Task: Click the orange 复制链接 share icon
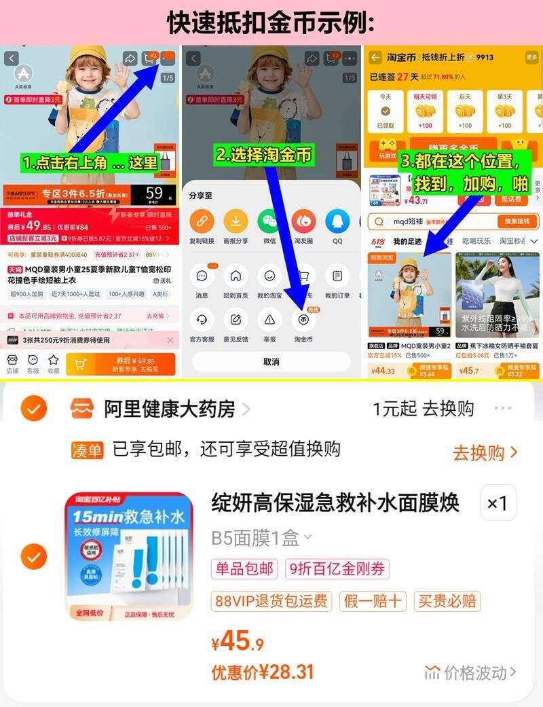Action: click(x=202, y=221)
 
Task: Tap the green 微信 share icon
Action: click(x=269, y=221)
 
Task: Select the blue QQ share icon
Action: click(x=337, y=221)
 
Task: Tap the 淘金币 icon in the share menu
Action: click(x=303, y=319)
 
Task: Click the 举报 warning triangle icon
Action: click(x=269, y=319)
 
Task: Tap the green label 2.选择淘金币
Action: click(x=264, y=155)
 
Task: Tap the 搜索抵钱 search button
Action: click(x=517, y=221)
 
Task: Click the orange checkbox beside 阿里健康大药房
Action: click(x=33, y=408)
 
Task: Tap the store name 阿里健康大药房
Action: click(x=169, y=409)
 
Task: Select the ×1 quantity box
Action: click(x=498, y=503)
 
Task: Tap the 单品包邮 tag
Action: click(x=244, y=568)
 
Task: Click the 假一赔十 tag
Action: click(x=373, y=601)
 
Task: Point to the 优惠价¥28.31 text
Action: click(x=263, y=672)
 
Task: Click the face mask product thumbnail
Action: click(x=129, y=556)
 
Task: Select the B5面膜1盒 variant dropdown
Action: click(x=261, y=539)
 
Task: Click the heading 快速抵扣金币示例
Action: click(x=271, y=22)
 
